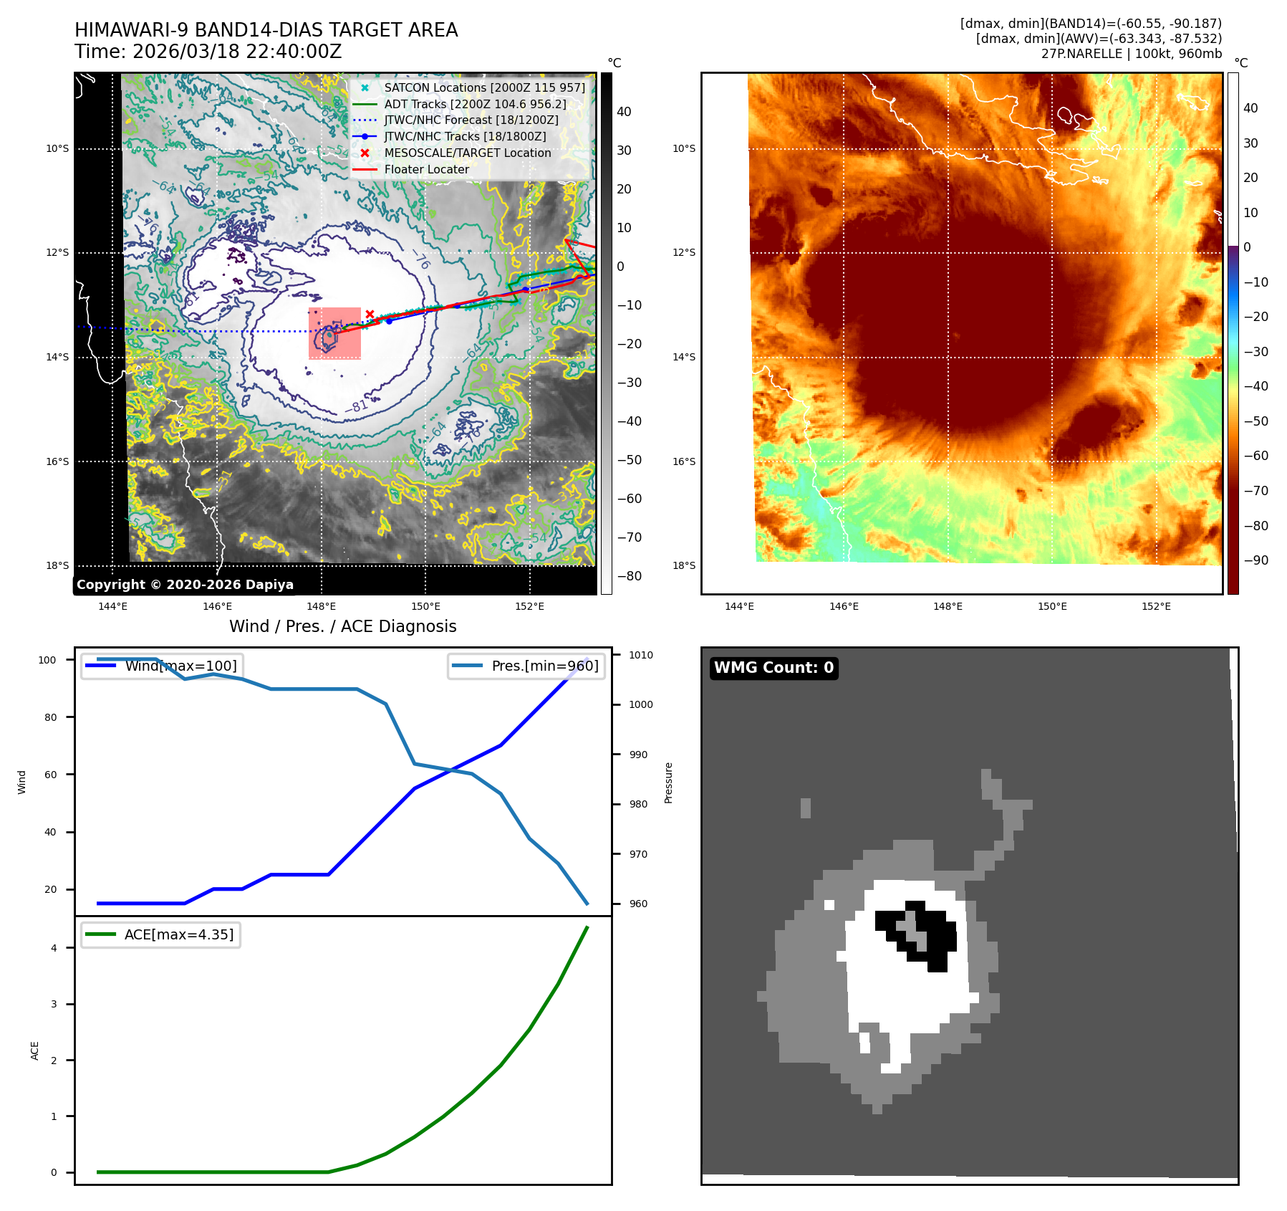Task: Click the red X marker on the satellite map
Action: (x=370, y=314)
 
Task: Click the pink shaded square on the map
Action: (x=334, y=333)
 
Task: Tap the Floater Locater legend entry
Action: (x=426, y=169)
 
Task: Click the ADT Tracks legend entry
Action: (x=475, y=104)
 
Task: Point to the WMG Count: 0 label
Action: (x=773, y=668)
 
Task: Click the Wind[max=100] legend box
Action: (x=162, y=666)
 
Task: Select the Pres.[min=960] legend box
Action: (x=526, y=666)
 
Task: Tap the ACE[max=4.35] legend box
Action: (x=161, y=934)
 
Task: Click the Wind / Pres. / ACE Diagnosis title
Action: (x=343, y=626)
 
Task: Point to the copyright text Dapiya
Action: (x=185, y=585)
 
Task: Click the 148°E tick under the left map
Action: (x=321, y=606)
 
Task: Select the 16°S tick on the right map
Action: (x=683, y=461)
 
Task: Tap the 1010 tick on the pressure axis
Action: (x=641, y=655)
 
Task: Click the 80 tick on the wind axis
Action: (x=50, y=717)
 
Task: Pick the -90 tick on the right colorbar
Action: (x=1255, y=560)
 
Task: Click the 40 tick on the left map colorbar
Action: (x=625, y=112)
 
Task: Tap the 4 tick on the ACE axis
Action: (x=54, y=948)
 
